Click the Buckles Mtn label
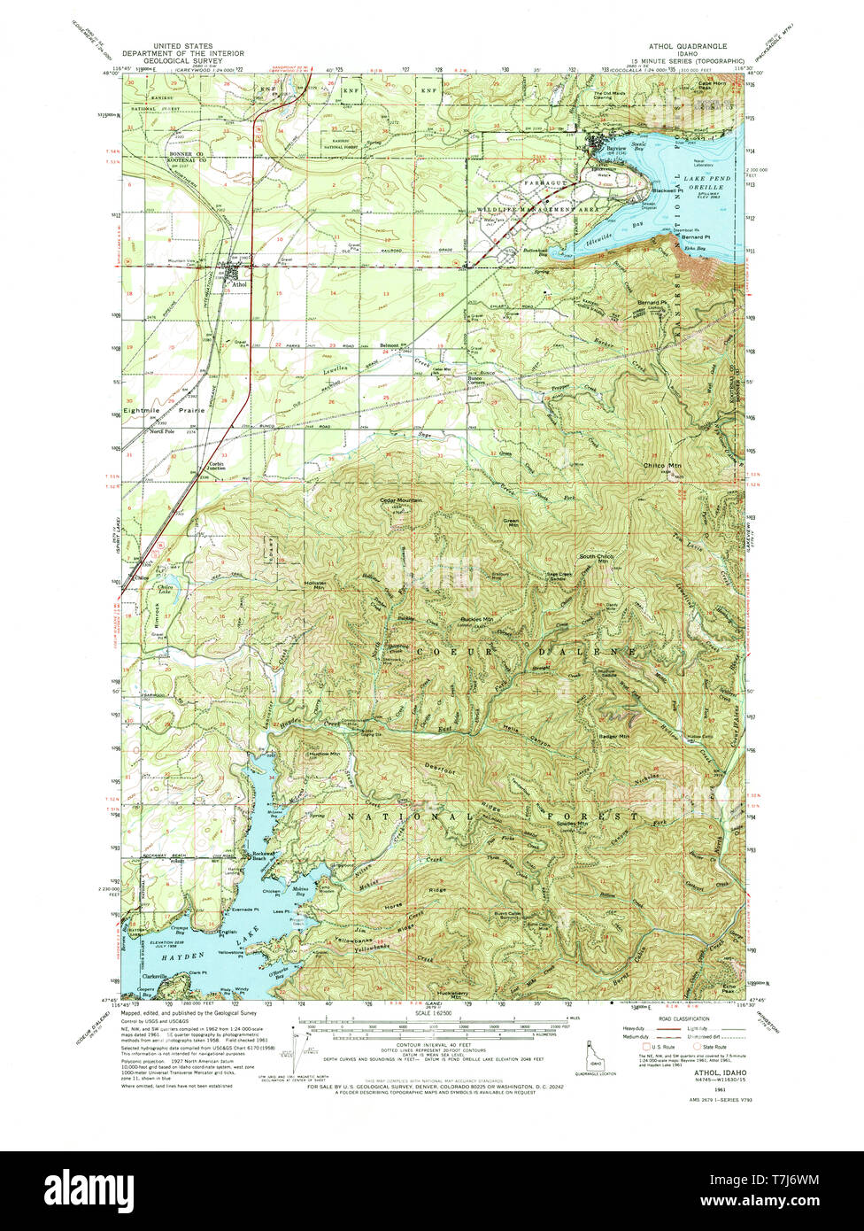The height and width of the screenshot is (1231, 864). click(x=477, y=620)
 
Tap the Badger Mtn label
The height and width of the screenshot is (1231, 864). click(x=613, y=736)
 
